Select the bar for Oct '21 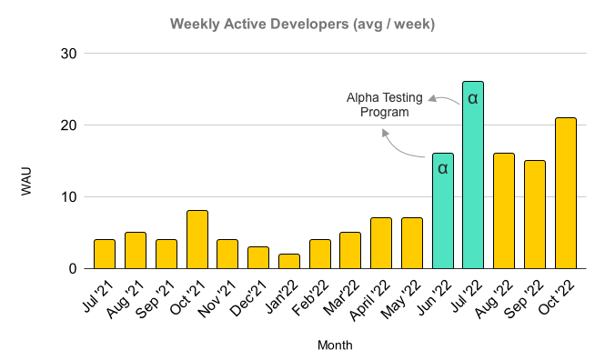(x=197, y=240)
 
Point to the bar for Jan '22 (x=289, y=262)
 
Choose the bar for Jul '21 (x=106, y=255)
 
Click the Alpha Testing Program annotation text (x=385, y=105)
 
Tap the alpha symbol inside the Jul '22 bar (x=473, y=97)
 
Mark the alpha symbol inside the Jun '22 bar (x=443, y=168)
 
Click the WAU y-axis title (x=26, y=180)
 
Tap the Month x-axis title (x=335, y=345)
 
